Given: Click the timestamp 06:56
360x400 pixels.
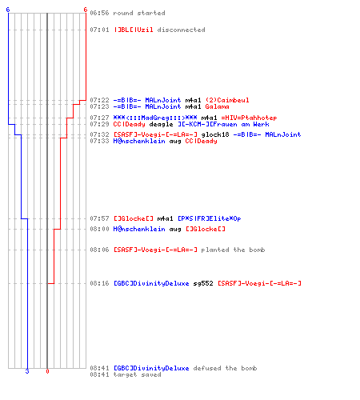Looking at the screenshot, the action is (x=99, y=13).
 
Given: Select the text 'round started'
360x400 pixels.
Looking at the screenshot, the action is (x=139, y=13).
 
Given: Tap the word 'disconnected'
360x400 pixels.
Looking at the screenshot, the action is (x=181, y=30).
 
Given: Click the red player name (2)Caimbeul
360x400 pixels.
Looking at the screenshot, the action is (x=227, y=100).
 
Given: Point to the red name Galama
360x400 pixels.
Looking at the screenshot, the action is (x=217, y=106).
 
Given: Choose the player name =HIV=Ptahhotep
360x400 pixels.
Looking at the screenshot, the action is (x=249, y=118).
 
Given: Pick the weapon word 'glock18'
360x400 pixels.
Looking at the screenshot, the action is (x=215, y=134).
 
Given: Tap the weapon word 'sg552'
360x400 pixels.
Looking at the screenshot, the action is (x=203, y=283).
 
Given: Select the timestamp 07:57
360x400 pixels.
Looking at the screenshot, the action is (x=99, y=218).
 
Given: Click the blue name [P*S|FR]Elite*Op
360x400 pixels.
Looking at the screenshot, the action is (x=210, y=218).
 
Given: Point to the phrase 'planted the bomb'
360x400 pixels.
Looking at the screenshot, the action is (x=233, y=250).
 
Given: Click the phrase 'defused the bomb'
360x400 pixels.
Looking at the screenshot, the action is (x=225, y=368).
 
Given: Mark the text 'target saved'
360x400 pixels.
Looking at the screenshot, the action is (x=137, y=374).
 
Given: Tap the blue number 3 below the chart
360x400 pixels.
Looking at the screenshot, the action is (x=27, y=371).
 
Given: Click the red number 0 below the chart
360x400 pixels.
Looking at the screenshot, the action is (x=47, y=371).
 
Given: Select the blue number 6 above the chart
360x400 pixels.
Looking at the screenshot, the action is (x=8, y=10).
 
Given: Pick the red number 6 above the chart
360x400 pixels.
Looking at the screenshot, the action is (x=86, y=10).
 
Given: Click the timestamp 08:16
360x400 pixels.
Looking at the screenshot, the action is (x=99, y=283).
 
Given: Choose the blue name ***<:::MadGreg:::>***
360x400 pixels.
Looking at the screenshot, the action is (x=155, y=118).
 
